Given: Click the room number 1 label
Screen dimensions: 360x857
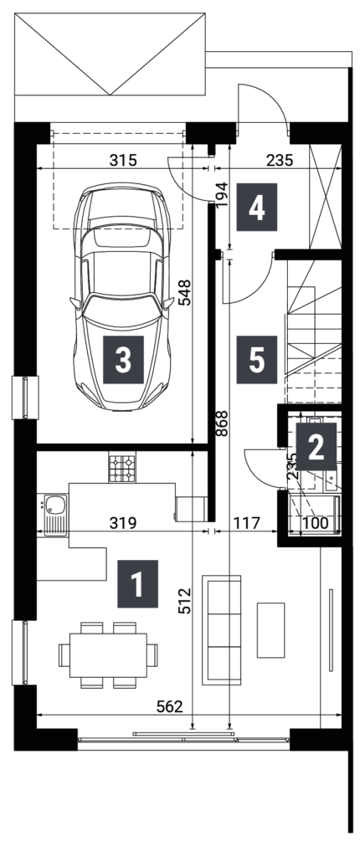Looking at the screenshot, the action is click(137, 583).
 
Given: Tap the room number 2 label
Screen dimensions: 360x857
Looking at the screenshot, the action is click(316, 446).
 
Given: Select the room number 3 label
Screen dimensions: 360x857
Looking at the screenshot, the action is click(123, 359).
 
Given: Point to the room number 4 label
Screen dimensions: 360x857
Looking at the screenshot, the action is click(256, 207).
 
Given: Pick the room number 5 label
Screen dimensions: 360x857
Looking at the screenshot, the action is click(256, 359).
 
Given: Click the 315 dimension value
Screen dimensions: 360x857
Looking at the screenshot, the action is click(123, 160).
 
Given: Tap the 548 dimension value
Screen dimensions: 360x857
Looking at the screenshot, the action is click(185, 292).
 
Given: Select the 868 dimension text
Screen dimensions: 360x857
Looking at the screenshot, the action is click(221, 423).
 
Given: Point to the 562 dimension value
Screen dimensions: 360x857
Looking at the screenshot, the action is click(170, 706).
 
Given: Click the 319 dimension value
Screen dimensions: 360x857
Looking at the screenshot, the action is click(122, 523).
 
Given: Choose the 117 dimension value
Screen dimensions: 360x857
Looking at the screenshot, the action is click(246, 523).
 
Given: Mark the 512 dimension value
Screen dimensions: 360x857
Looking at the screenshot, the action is click(185, 601).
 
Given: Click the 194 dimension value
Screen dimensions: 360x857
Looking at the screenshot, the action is click(221, 195).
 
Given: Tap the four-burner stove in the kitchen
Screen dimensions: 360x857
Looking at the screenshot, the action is click(122, 469).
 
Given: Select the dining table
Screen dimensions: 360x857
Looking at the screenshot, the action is click(108, 654).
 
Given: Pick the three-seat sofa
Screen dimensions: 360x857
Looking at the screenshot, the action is click(221, 629).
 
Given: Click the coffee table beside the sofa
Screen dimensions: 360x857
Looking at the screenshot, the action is click(270, 629).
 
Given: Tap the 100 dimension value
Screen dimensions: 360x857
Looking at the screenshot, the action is click(315, 523).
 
